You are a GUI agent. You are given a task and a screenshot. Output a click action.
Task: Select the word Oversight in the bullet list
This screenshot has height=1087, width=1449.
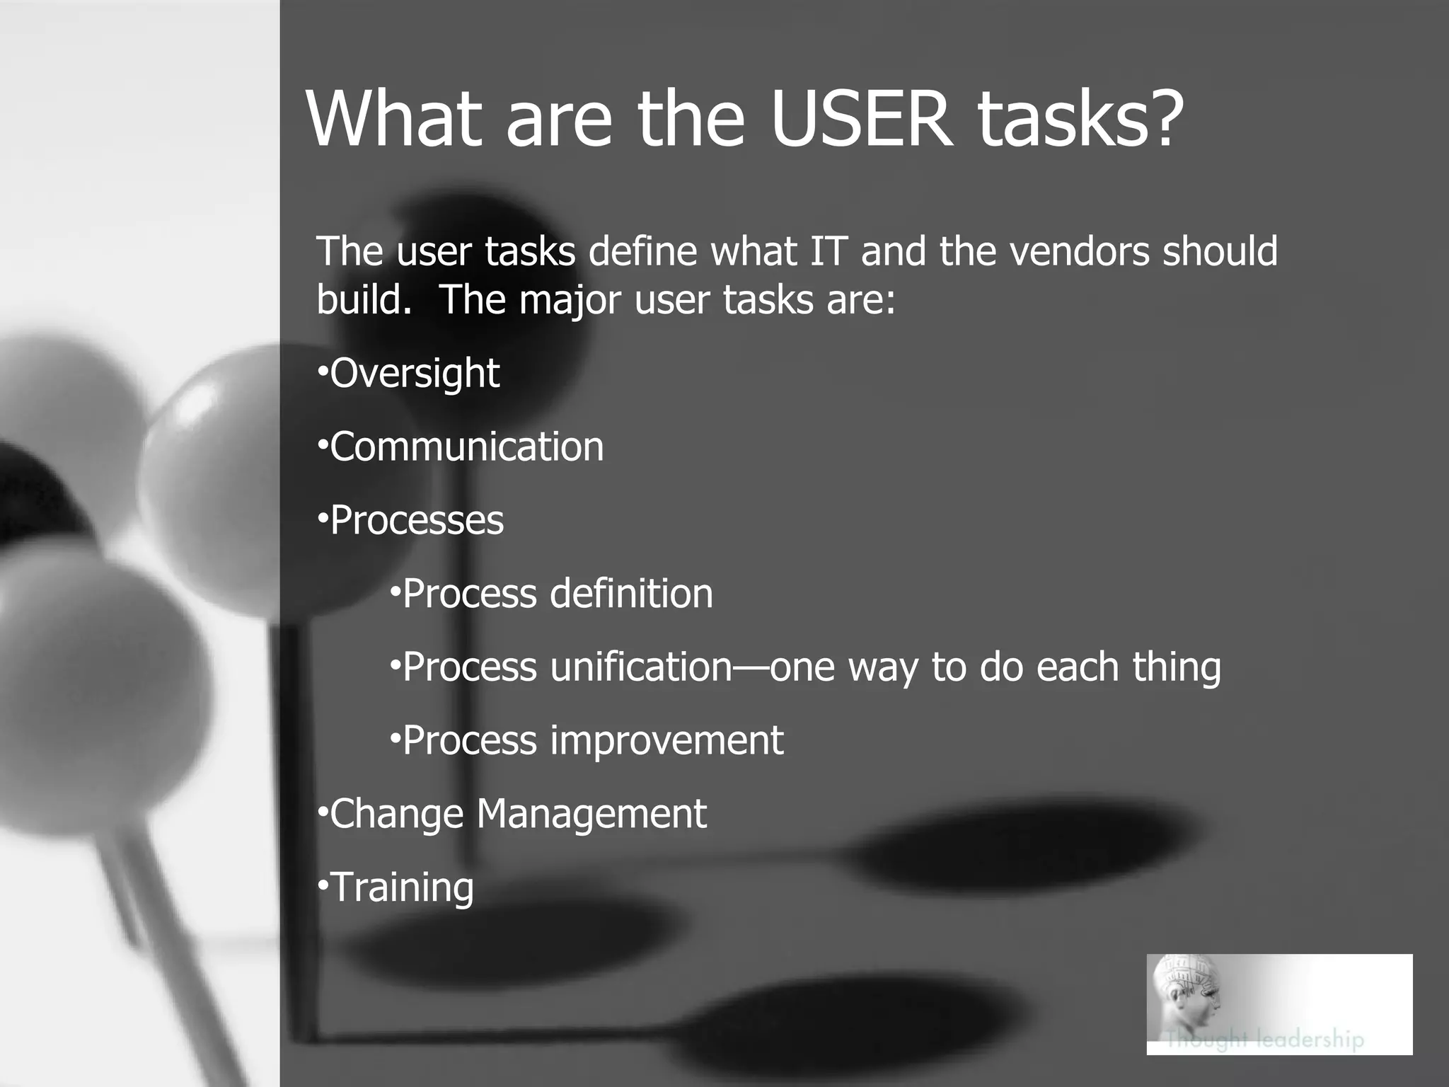415,374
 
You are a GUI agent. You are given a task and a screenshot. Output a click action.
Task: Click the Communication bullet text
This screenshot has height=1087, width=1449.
467,447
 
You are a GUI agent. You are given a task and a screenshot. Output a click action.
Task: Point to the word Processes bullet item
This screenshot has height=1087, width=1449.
417,521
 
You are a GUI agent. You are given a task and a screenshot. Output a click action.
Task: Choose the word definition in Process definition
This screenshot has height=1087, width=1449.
631,594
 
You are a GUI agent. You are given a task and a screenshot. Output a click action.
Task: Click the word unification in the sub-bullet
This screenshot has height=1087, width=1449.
641,667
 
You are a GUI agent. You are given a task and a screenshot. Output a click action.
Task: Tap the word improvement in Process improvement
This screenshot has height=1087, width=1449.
666,741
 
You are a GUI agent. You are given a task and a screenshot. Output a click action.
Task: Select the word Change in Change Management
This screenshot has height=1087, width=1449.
396,815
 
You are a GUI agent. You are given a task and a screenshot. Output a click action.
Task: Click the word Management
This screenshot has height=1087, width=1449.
591,815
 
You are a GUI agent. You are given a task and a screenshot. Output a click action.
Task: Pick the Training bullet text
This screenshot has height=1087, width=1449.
402,887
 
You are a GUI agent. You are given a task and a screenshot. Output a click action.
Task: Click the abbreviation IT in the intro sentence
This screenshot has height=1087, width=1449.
828,251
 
